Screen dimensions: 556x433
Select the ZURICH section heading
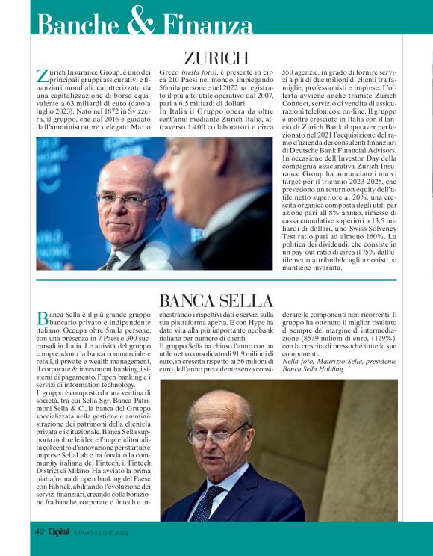click(x=216, y=58)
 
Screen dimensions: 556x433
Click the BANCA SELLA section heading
click(x=216, y=301)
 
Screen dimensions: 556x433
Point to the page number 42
click(x=40, y=531)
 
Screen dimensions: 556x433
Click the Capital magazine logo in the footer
click(x=60, y=531)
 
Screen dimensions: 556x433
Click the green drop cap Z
click(x=42, y=75)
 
